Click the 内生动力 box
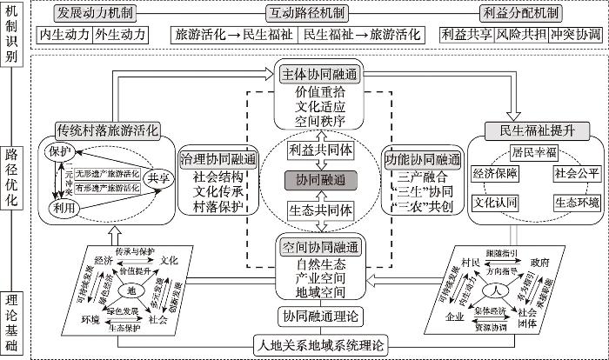65,35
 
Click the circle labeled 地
131,290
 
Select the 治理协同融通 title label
218,159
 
